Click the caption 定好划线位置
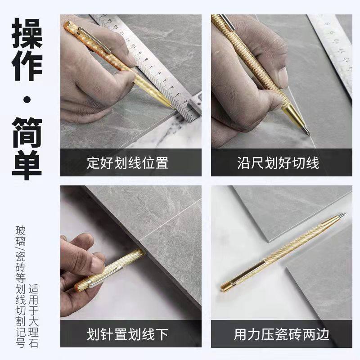127,162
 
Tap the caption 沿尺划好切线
278,162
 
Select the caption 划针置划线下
127,334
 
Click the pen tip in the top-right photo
307,132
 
